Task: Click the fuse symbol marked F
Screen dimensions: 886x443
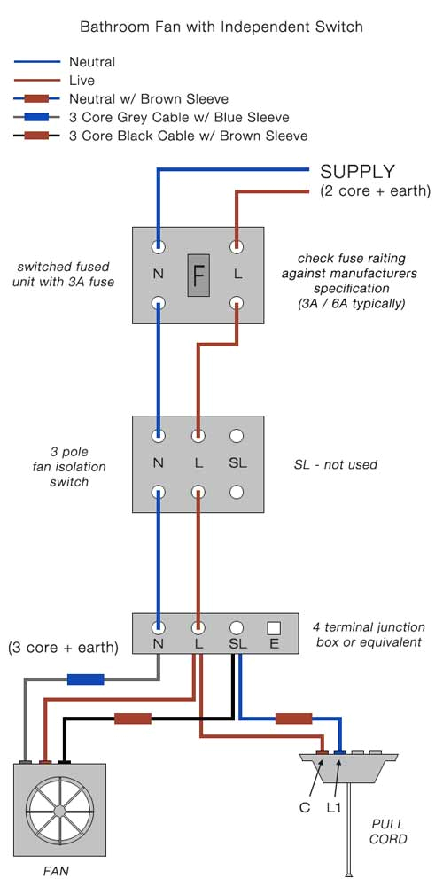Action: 198,275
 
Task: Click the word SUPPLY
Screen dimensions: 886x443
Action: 357,171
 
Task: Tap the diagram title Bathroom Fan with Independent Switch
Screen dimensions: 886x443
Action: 221,27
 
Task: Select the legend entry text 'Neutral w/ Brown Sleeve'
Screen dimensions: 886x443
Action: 149,99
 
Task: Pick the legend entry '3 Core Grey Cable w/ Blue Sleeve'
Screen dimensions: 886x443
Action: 179,118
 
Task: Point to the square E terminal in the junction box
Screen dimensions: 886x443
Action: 274,627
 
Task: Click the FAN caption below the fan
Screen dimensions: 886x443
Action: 56,871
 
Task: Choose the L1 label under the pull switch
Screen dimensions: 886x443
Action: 334,808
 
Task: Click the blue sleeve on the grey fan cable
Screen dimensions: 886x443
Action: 86,680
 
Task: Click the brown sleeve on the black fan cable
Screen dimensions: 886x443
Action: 132,719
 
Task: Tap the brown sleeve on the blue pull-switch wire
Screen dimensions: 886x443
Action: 293,719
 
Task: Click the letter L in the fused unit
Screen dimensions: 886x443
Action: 237,275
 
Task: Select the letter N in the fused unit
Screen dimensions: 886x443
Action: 158,275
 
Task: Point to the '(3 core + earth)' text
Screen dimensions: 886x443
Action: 63,648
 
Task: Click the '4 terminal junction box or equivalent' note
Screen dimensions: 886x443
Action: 369,634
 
